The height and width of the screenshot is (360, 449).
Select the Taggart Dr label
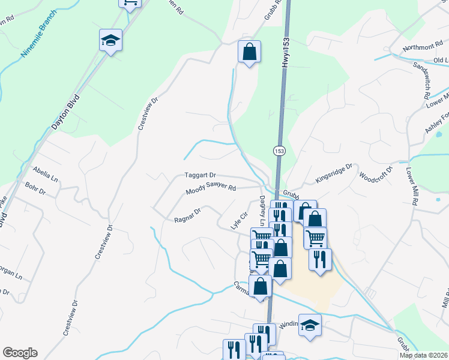[200, 175]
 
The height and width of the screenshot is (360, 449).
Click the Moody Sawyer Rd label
[210, 188]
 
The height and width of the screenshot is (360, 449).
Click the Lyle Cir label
[240, 220]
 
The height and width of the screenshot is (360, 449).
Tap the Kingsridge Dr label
[333, 175]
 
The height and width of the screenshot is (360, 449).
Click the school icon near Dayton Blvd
[110, 40]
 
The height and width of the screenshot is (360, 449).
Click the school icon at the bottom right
[310, 325]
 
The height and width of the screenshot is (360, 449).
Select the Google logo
[20, 353]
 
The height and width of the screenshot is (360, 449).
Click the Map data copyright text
[423, 355]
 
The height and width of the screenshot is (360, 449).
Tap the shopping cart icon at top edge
[130, 3]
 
